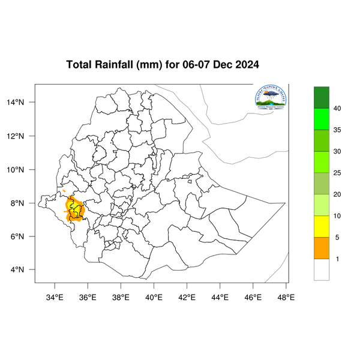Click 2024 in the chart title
pos(246,65)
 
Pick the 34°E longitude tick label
pos(55,297)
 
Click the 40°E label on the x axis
pos(154,297)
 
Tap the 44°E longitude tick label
pos(220,297)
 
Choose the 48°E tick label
pos(286,297)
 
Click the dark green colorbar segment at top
pos(322,97)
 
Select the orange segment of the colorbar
pos(322,248)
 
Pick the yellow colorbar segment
pos(322,226)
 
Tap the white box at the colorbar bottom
pos(322,269)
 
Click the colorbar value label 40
pos(337,109)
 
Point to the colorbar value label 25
pos(337,173)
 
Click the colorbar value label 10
pos(337,216)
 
